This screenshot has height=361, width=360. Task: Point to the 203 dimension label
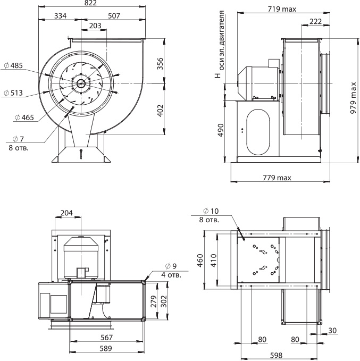[95, 26]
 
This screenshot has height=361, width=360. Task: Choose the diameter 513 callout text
[13, 93]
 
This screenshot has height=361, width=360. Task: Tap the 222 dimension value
[315, 20]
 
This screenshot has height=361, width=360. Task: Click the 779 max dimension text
[280, 177]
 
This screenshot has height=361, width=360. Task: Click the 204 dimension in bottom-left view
[67, 213]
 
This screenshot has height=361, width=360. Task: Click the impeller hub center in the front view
[80, 83]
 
